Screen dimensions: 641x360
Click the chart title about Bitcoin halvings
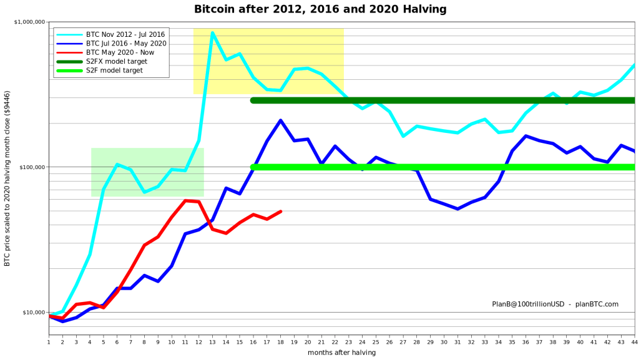click(320, 9)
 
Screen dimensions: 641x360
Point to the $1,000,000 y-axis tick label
click(29, 22)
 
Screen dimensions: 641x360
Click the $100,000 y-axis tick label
click(32, 167)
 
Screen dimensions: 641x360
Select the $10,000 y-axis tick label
click(34, 313)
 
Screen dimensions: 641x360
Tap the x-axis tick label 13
click(213, 343)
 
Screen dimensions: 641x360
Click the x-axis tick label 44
click(635, 343)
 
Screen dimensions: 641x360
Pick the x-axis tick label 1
click(49, 343)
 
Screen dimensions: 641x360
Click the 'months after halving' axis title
click(342, 353)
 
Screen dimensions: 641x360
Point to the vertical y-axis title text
click(7, 178)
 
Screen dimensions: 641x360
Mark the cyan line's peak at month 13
click(212, 32)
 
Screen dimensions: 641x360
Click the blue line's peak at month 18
click(280, 120)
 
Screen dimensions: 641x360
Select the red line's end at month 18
click(280, 212)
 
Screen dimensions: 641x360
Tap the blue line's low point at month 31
click(458, 209)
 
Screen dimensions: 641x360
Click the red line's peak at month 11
click(185, 201)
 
